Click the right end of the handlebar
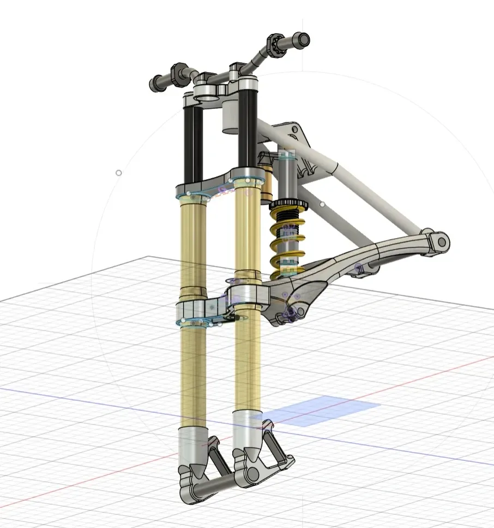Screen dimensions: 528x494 (x=302, y=40)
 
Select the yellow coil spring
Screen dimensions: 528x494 (x=287, y=240)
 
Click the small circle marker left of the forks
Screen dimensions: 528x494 (x=118, y=173)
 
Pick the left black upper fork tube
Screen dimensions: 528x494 (x=193, y=145)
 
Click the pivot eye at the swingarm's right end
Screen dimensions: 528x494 (x=439, y=241)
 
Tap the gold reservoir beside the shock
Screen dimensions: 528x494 (x=267, y=183)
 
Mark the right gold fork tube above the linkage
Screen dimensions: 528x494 (x=246, y=235)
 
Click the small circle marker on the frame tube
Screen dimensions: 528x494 (x=322, y=204)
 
